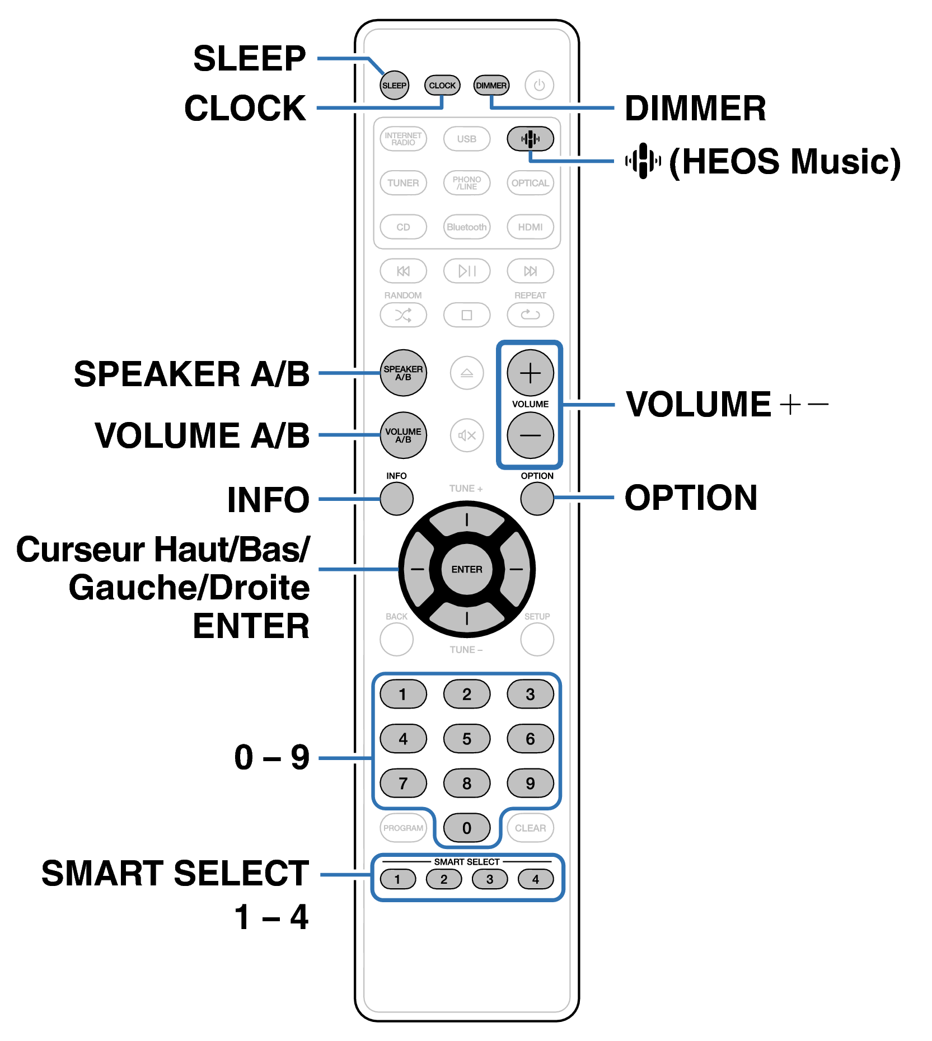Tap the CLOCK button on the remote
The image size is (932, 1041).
(442, 85)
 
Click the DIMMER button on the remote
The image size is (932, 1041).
(491, 85)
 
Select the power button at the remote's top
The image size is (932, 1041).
(539, 85)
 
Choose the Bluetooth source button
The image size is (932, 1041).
(467, 227)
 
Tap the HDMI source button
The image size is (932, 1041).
(530, 227)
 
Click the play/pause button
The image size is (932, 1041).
(467, 271)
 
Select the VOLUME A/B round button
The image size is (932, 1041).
(403, 435)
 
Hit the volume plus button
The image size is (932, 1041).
(530, 373)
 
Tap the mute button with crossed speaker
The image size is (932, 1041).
(467, 435)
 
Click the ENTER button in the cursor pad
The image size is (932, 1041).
(467, 569)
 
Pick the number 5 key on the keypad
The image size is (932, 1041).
(467, 739)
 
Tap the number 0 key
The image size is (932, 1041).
(467, 828)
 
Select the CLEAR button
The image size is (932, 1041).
(530, 828)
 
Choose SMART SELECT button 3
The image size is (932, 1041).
(490, 879)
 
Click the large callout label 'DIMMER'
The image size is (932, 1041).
(695, 108)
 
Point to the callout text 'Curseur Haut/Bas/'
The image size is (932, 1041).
(163, 549)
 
